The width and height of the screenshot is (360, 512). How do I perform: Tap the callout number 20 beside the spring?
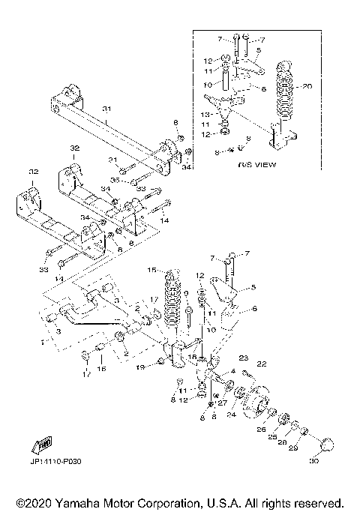pos(306,86)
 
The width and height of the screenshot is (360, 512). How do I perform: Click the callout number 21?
pos(112,160)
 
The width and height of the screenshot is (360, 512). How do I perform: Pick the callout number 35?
pos(115,181)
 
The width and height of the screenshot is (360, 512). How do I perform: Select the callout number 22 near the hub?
pos(262,364)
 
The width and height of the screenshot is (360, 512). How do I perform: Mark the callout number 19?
pos(139,368)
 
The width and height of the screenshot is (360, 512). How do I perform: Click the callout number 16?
pos(102,369)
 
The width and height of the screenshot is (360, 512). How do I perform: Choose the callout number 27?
pos(222,402)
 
